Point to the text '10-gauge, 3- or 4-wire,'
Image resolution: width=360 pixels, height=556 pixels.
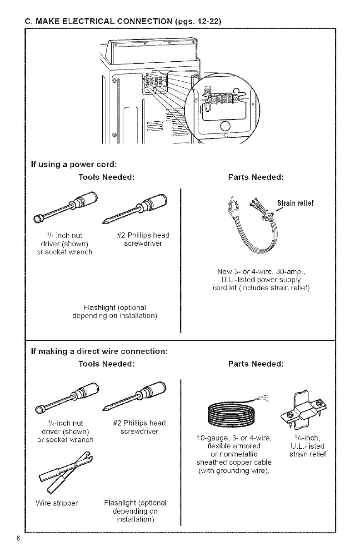point(233,438)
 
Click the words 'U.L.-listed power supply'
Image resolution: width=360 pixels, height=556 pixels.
point(261,280)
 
